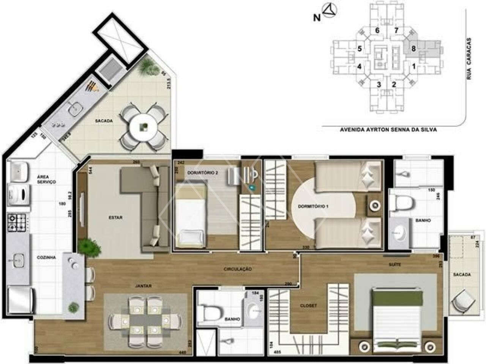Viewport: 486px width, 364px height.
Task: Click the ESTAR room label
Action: [115, 218]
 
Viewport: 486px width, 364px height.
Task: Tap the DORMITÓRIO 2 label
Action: [202, 173]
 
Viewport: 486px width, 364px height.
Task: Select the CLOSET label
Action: [308, 305]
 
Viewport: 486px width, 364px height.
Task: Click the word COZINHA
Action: [46, 258]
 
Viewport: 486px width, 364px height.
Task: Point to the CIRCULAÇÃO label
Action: [238, 269]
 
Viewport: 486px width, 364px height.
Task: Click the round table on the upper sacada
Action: [143, 128]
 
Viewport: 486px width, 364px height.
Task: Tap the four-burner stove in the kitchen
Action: [17, 223]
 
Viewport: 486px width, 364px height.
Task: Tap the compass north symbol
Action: [328, 11]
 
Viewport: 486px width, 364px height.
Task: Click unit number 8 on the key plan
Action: [413, 49]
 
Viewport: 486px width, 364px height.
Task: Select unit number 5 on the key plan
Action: [359, 49]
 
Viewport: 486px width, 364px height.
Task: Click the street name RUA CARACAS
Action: [469, 58]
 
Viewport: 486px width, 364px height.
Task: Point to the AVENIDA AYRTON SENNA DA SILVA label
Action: [388, 129]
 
